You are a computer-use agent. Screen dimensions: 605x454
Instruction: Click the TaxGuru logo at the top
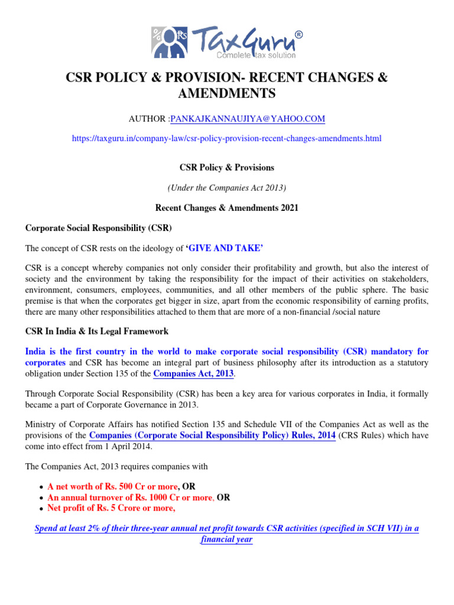tap(227, 41)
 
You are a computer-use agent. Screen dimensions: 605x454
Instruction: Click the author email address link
tap(247, 119)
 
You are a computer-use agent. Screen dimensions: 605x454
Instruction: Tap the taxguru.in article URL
tap(226, 139)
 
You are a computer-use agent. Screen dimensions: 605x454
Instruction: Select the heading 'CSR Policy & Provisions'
tap(226, 168)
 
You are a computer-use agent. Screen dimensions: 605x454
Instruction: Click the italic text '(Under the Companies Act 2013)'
tap(226, 188)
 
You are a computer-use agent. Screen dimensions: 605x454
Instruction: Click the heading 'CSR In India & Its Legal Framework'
tap(97, 331)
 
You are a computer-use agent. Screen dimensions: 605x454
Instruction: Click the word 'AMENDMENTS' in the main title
tap(226, 93)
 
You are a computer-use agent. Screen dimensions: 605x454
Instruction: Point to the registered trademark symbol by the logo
tap(299, 35)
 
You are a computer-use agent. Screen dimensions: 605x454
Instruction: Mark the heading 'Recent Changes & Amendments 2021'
tap(226, 208)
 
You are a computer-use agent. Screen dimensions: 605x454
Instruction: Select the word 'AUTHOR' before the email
tap(147, 119)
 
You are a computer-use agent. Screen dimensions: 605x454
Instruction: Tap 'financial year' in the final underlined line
tap(226, 539)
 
